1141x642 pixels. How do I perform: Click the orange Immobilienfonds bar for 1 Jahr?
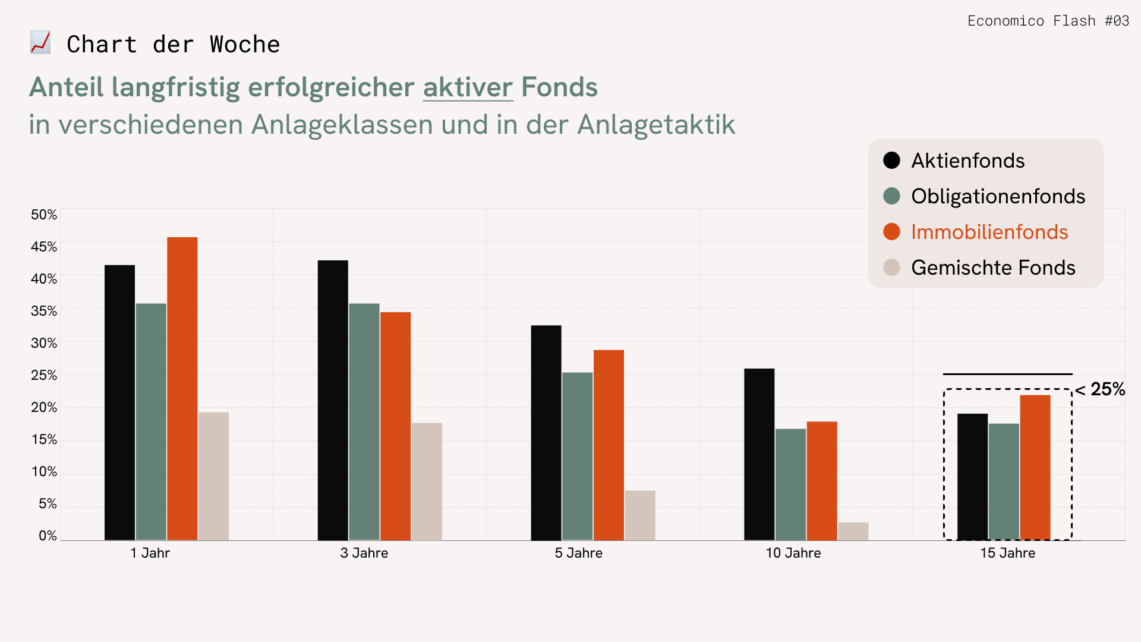(182, 389)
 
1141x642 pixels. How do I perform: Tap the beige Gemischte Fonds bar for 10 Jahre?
(853, 531)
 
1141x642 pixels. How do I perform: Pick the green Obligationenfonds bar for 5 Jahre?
(577, 456)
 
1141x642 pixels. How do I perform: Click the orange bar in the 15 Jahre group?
(1035, 467)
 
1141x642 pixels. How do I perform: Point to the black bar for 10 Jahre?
(759, 454)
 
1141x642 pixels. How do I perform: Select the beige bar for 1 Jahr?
(213, 476)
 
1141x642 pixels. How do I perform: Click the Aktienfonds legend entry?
(967, 160)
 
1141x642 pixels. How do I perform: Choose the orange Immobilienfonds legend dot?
(891, 232)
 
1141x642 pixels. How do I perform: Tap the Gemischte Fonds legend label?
(993, 267)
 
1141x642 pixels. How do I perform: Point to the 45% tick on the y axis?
(44, 247)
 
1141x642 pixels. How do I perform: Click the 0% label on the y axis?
(48, 536)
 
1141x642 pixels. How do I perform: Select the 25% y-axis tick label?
(44, 375)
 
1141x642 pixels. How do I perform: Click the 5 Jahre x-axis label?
(578, 553)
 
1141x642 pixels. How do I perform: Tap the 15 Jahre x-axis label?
(1007, 553)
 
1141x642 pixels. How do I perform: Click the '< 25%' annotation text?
(1100, 389)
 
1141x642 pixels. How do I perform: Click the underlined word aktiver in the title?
(468, 87)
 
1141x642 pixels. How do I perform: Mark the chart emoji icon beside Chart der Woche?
(40, 43)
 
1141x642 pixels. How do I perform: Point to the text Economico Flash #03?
(1048, 21)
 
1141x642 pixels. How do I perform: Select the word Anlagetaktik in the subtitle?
(656, 125)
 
